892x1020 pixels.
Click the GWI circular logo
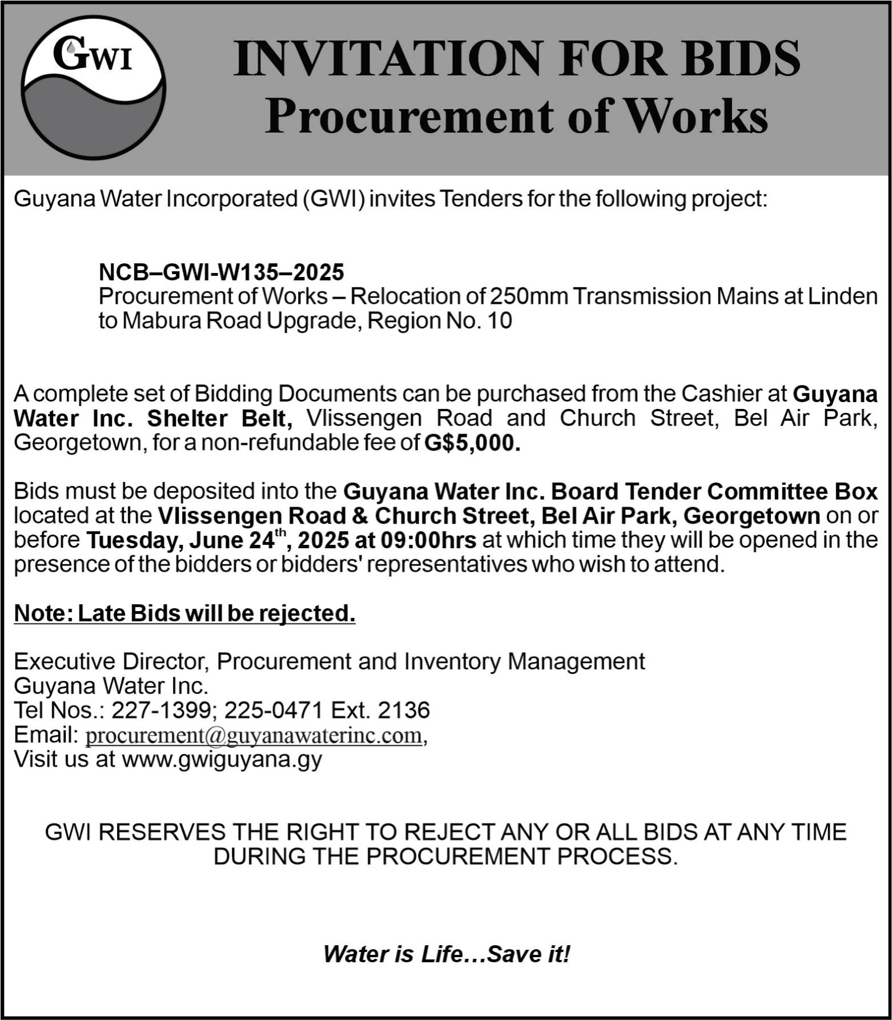pyautogui.click(x=94, y=87)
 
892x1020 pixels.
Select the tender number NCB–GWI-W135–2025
pyautogui.click(x=221, y=272)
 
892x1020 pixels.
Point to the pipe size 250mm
pyautogui.click(x=529, y=296)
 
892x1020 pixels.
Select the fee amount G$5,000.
pyautogui.click(x=472, y=443)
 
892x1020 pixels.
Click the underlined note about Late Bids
pyautogui.click(x=184, y=613)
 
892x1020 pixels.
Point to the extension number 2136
pyautogui.click(x=404, y=710)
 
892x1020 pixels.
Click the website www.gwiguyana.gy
pyautogui.click(x=222, y=760)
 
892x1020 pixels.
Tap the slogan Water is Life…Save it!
pyautogui.click(x=447, y=954)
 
